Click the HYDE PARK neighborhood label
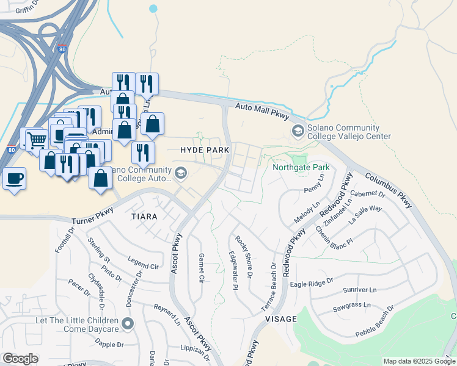click(x=205, y=150)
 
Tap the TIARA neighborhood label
click(x=144, y=217)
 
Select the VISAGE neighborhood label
click(x=280, y=319)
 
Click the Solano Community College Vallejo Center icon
click(x=298, y=131)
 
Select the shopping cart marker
click(x=36, y=140)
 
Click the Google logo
click(x=20, y=359)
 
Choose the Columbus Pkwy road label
click(x=389, y=191)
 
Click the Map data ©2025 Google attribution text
click(x=419, y=361)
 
